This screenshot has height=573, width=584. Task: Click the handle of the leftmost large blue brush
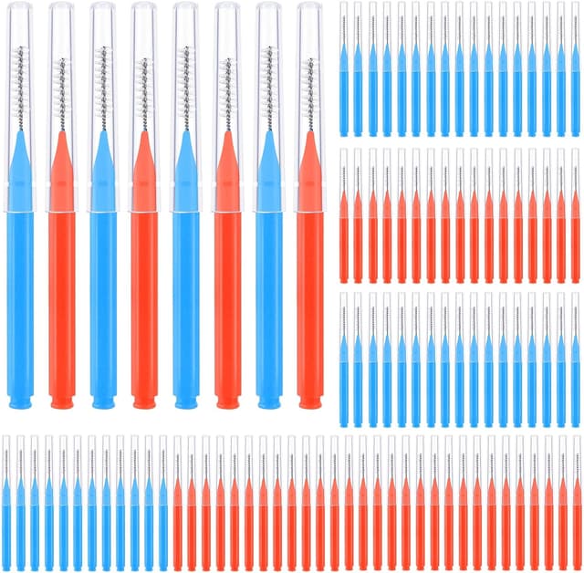[20, 301]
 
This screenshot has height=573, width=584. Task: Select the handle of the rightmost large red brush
[309, 301]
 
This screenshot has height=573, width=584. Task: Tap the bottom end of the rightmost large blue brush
[268, 400]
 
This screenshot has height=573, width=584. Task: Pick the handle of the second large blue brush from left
[103, 301]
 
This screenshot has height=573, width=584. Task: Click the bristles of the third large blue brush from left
[185, 87]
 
